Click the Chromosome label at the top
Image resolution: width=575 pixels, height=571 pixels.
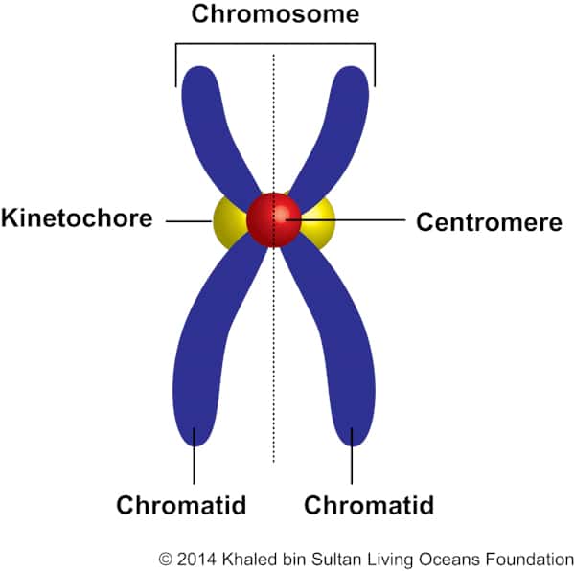tap(275, 15)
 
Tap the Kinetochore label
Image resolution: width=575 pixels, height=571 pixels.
tap(78, 217)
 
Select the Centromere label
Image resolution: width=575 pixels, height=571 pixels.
tap(489, 222)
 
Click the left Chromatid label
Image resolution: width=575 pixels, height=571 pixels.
tap(181, 505)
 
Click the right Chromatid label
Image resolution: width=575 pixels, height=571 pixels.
tap(369, 505)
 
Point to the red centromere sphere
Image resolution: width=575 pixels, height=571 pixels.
tap(274, 219)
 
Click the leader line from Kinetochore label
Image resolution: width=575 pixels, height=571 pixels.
tap(188, 221)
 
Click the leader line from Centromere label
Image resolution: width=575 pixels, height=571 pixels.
tap(355, 221)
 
